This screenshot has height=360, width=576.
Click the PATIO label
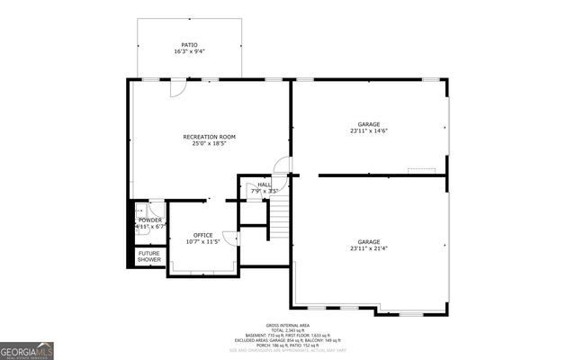[x=189, y=44]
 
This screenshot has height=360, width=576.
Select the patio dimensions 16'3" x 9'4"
[x=189, y=51]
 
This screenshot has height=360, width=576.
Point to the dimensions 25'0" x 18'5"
[x=209, y=143]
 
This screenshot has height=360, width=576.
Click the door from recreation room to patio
[x=178, y=86]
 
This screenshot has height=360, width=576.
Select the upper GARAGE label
[x=369, y=123]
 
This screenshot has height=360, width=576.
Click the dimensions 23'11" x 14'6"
[x=369, y=130]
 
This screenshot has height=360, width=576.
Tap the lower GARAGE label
[x=369, y=241]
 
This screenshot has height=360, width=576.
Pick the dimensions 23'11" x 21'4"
[x=369, y=248]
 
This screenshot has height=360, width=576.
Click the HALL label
[x=265, y=184]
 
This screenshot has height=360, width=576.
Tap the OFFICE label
[x=202, y=235]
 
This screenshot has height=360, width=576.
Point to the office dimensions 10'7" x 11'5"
[x=202, y=242]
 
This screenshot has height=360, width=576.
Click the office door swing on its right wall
[x=231, y=238]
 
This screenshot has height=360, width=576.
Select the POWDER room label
[x=150, y=220]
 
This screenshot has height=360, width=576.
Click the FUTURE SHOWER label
[x=149, y=256]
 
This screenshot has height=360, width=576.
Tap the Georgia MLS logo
[x=27, y=350]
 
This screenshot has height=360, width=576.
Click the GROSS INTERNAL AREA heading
[x=288, y=324]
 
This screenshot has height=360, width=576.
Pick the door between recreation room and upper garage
[x=283, y=166]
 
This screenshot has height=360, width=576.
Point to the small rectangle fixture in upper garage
[x=421, y=169]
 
